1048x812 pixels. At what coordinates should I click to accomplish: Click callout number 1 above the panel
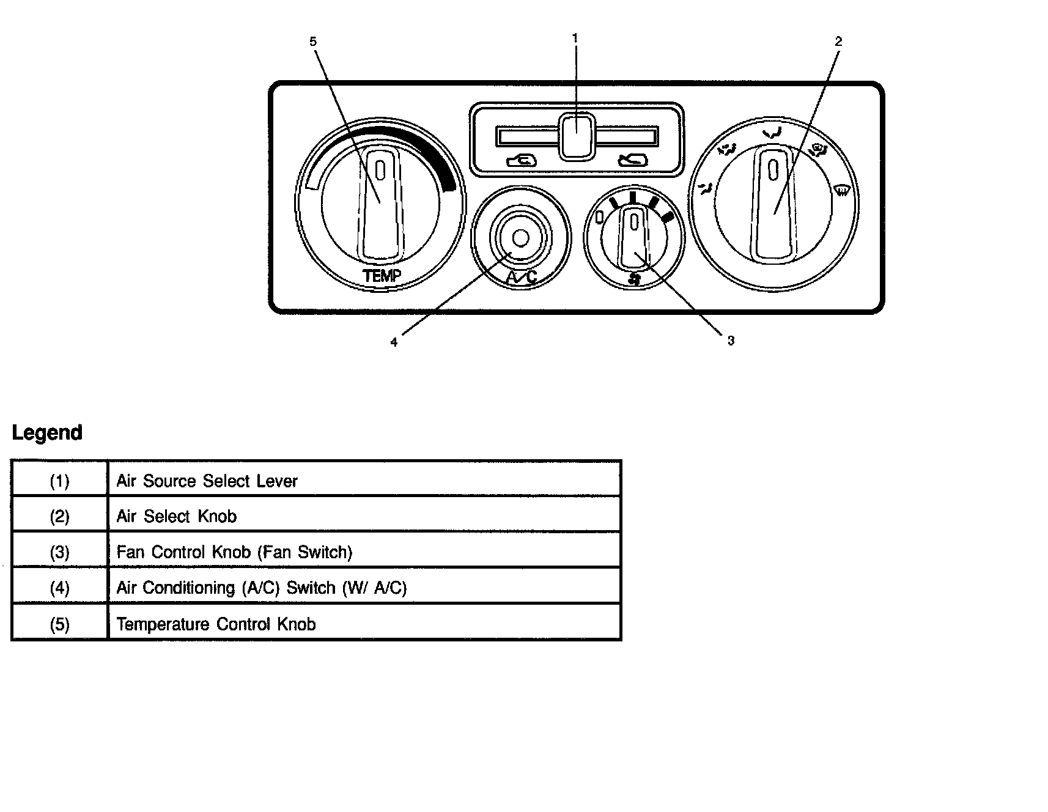pyautogui.click(x=575, y=38)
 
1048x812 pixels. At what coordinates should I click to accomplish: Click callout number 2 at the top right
pyautogui.click(x=838, y=42)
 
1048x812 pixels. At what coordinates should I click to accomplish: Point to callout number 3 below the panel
pyautogui.click(x=731, y=341)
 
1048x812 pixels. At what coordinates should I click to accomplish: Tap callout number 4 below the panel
pyautogui.click(x=394, y=342)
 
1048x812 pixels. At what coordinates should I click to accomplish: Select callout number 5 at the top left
pyautogui.click(x=313, y=42)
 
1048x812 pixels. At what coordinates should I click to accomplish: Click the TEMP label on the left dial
pyautogui.click(x=382, y=276)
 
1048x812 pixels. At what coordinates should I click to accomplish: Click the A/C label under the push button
pyautogui.click(x=522, y=278)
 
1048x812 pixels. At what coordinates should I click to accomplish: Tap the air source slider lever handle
pyautogui.click(x=576, y=136)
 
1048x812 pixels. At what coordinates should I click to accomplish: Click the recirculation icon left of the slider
pyautogui.click(x=522, y=161)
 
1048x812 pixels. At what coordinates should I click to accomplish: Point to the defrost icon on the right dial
pyautogui.click(x=842, y=191)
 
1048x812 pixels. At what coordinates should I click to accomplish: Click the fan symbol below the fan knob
pyautogui.click(x=635, y=280)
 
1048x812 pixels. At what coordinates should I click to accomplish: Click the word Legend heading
pyautogui.click(x=47, y=433)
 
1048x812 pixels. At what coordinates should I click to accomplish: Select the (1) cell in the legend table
pyautogui.click(x=59, y=481)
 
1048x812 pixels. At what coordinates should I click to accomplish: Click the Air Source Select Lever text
pyautogui.click(x=207, y=481)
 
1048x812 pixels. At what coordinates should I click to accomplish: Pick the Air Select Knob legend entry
pyautogui.click(x=176, y=517)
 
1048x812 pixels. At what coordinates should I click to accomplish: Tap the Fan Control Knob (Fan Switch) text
pyautogui.click(x=234, y=552)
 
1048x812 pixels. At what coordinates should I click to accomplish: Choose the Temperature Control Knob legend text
pyautogui.click(x=216, y=624)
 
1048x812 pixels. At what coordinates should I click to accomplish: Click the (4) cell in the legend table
pyautogui.click(x=59, y=588)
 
